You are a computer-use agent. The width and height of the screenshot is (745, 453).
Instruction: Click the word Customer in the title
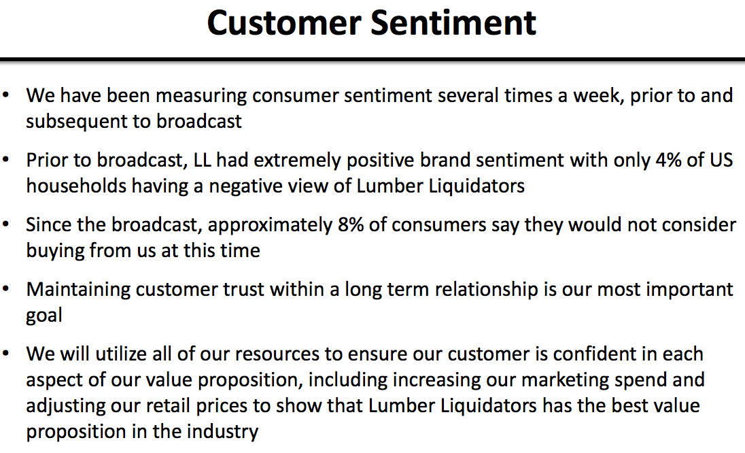284,23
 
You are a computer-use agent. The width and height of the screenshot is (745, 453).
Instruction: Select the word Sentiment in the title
453,23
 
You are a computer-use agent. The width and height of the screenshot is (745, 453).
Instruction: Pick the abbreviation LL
202,161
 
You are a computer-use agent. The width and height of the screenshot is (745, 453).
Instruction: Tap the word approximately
270,225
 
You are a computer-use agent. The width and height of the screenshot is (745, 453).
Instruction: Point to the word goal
44,316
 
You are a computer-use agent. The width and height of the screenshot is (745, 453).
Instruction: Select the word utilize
121,354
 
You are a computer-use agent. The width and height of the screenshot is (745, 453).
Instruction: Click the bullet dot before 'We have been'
5,95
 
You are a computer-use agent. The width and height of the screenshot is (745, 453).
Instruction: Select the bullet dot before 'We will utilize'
5,354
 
